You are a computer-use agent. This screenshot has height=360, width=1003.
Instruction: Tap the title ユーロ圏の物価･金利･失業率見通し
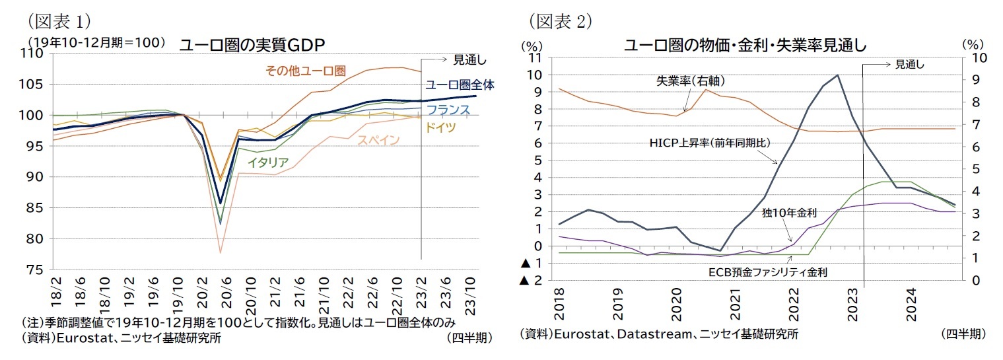[745, 46]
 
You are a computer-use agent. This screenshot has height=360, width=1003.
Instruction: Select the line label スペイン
[378, 139]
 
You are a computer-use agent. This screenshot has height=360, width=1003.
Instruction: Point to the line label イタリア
[267, 161]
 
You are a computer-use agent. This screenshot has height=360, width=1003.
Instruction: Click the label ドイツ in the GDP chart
[440, 127]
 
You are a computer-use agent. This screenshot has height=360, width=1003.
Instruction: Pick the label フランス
[448, 110]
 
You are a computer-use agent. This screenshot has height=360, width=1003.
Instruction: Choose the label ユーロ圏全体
[460, 85]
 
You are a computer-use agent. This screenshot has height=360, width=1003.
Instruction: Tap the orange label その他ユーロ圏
[306, 71]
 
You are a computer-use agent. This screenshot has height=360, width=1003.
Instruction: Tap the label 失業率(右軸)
[691, 81]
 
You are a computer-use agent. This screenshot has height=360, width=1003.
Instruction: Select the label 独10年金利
[789, 213]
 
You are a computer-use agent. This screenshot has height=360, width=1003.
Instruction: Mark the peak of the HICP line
[837, 75]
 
